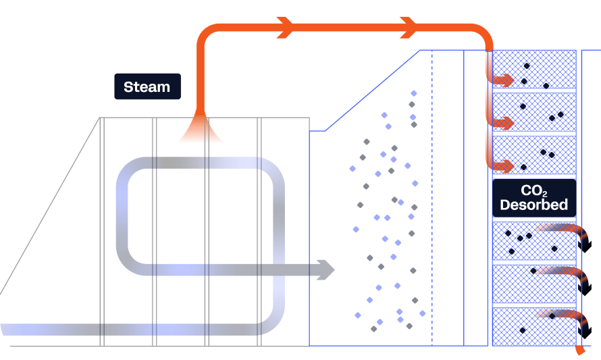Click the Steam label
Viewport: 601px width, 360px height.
[x=147, y=86]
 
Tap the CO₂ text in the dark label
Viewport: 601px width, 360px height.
[x=534, y=191]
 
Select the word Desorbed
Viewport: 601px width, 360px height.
[x=534, y=205]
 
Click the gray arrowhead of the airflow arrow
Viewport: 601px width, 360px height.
[x=328, y=269]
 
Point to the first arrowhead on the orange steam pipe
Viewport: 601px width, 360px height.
[x=286, y=28]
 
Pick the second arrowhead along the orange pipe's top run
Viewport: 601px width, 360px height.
[x=408, y=28]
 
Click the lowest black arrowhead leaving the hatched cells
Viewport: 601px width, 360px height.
[x=586, y=330]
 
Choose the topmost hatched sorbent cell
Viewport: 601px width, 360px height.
[x=534, y=69]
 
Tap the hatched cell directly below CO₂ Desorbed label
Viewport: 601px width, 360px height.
[x=534, y=240]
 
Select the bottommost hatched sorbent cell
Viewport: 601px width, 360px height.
[x=534, y=327]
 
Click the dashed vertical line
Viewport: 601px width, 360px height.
[x=432, y=203]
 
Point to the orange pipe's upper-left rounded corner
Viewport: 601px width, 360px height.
[x=205, y=33]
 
